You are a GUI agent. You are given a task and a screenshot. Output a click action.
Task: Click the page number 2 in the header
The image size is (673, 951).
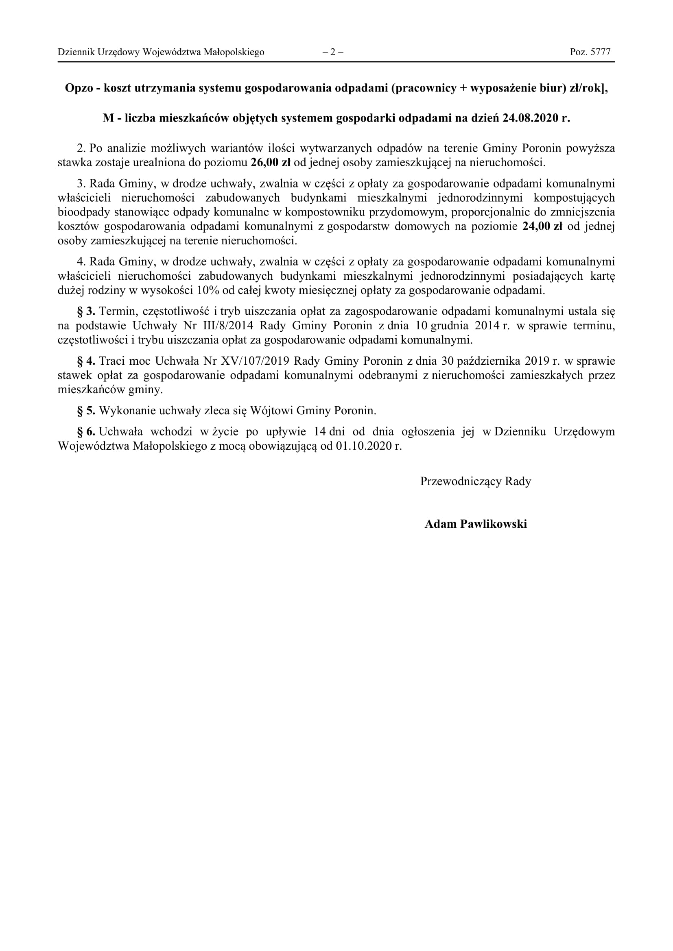[x=333, y=52]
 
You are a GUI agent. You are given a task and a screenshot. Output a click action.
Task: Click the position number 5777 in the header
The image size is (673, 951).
[x=600, y=52]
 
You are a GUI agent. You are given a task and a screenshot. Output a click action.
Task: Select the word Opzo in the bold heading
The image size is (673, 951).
[x=79, y=88]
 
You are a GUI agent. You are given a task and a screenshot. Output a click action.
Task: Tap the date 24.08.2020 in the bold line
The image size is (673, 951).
[x=531, y=118]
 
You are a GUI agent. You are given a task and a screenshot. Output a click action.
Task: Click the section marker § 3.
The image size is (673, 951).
[x=86, y=311]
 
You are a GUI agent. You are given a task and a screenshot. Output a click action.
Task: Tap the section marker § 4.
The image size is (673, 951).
[x=86, y=361]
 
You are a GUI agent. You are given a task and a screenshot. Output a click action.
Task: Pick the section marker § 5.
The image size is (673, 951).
[x=86, y=411]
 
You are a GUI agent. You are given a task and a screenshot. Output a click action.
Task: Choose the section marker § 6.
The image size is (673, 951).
[x=86, y=432]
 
